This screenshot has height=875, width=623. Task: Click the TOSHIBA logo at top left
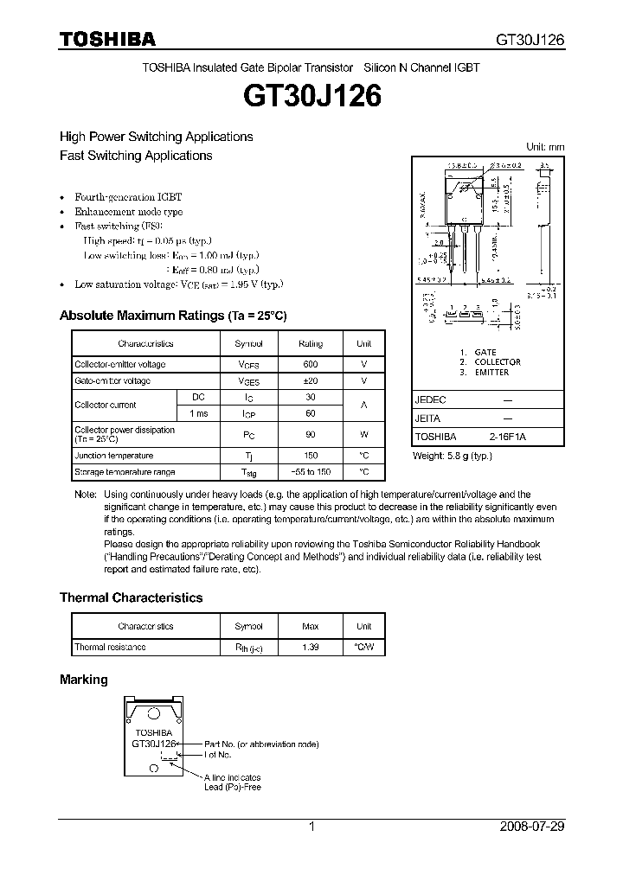(107, 40)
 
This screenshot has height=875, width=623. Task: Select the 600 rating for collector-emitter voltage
(311, 365)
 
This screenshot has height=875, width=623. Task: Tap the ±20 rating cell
(311, 381)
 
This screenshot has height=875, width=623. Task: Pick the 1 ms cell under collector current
(198, 414)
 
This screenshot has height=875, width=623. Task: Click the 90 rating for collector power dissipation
(311, 434)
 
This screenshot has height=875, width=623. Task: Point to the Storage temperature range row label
(125, 472)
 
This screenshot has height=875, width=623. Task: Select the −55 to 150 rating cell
(311, 472)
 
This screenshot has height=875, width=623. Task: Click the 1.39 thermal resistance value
(311, 647)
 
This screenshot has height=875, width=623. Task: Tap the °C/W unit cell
(363, 647)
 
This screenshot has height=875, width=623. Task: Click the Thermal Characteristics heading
(131, 597)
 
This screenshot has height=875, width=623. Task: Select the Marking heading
(83, 680)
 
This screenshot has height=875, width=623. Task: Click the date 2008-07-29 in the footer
(532, 827)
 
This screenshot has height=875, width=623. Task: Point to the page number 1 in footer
(311, 827)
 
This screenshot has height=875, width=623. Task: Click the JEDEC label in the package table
(431, 400)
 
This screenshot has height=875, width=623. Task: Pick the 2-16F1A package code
(507, 437)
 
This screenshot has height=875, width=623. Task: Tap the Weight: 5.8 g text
(452, 455)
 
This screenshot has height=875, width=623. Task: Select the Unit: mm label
(545, 147)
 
